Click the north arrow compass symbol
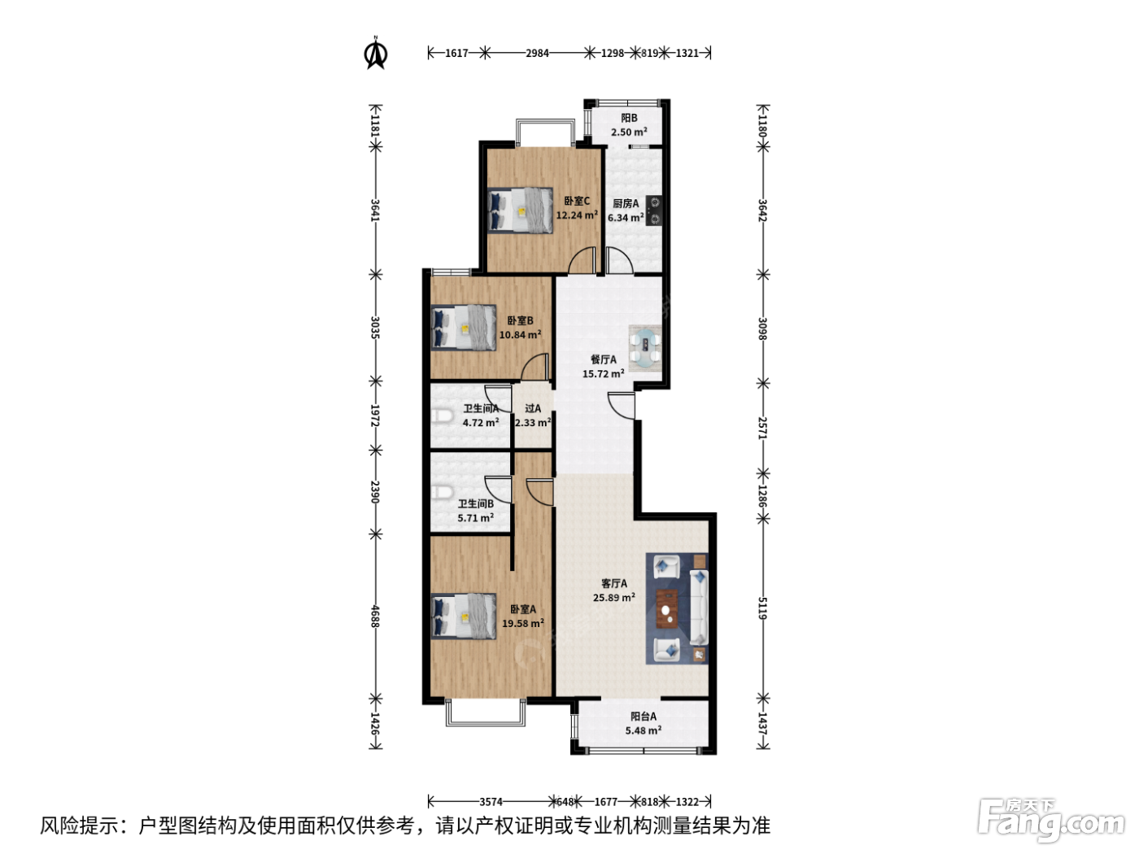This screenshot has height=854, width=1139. pos(376,53)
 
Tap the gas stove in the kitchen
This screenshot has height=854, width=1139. pos(654,211)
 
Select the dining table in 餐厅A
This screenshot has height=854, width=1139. pos(645,348)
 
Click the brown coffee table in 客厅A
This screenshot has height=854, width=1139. pos(667,608)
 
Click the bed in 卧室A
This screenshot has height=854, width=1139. pos(464,616)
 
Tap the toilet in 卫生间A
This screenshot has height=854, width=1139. pos(441,417)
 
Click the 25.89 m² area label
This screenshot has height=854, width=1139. pos(614,597)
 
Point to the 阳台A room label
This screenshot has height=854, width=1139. pos(644,716)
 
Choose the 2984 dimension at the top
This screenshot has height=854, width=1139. pos(537,53)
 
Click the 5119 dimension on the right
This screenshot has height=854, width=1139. pos(762,608)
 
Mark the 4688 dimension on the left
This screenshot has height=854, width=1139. pos(376,616)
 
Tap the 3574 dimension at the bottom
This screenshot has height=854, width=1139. pos(491,802)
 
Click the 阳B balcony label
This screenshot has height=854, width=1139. pos(629,118)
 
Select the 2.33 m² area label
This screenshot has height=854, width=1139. pos(533,423)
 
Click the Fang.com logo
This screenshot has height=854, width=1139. pos(1051,821)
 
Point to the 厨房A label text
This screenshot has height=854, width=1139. pos(626,204)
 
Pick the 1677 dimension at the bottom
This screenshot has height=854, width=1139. pos(605,802)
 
